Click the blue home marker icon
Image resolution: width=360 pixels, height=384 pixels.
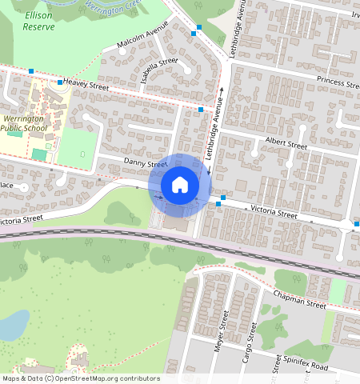[x=180, y=185]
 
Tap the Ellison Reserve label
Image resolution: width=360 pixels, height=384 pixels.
[x=38, y=21]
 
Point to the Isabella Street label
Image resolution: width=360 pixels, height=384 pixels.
[x=158, y=70]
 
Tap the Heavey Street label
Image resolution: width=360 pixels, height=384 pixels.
[x=85, y=82]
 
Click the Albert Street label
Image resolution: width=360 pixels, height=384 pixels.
[x=286, y=146]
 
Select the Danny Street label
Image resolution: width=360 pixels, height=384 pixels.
[x=145, y=163]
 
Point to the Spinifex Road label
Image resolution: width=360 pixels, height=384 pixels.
[x=304, y=366]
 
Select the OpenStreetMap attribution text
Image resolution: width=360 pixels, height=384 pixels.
[x=80, y=378]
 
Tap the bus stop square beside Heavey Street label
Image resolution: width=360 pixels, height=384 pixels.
[x=59, y=82]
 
